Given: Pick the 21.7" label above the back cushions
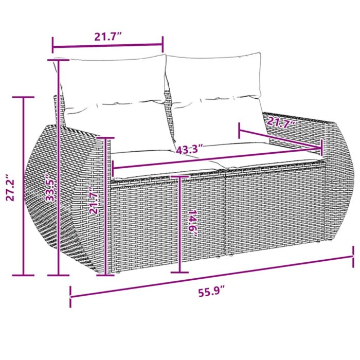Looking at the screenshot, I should (107, 36).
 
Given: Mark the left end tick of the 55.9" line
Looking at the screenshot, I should (70, 297).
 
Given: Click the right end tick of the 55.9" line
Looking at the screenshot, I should (353, 254).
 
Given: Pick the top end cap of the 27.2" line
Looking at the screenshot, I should (24, 97).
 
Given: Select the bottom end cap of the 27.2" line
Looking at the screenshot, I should (24, 275).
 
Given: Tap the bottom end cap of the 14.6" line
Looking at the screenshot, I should (179, 273).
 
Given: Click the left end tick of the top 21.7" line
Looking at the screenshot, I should (52, 44).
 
